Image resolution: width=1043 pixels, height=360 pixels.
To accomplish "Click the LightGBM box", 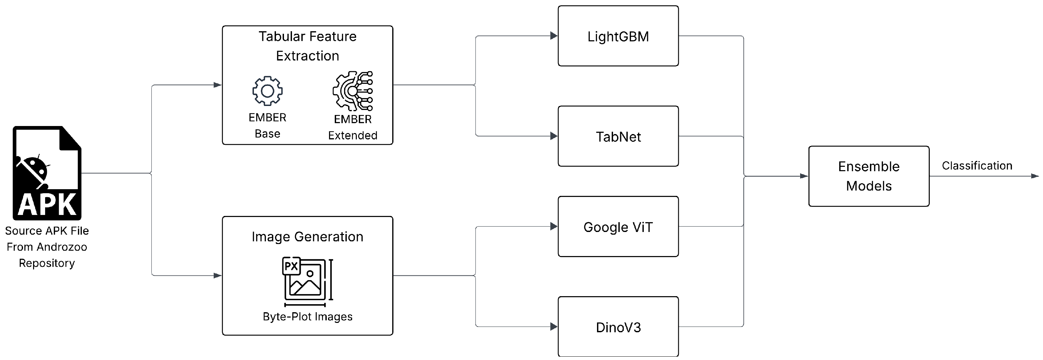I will (618, 36).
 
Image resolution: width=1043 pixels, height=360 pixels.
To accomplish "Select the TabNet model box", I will (618, 136).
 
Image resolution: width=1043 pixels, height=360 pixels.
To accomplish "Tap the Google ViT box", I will (618, 227).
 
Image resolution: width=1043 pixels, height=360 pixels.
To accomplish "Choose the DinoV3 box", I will (618, 327).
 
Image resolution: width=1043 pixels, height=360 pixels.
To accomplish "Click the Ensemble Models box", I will (869, 176).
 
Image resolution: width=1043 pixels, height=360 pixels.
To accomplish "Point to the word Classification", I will (977, 165).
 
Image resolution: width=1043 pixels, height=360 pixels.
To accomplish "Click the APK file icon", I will (47, 173).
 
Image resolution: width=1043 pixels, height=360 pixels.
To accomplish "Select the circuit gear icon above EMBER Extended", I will (353, 91).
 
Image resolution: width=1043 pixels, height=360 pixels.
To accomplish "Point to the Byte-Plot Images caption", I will (307, 317).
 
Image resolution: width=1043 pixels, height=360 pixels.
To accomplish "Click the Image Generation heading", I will (307, 237).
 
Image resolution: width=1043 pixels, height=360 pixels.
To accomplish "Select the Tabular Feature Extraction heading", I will (307, 46).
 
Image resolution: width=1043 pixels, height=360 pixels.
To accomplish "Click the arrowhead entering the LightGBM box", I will (554, 36).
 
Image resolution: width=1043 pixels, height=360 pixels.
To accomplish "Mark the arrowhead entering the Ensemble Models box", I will (804, 176).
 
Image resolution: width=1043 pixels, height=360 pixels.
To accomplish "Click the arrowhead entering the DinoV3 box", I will (554, 326).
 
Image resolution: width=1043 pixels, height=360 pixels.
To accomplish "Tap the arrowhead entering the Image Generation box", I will (218, 276).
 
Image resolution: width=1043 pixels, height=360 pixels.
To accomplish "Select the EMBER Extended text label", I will (353, 127).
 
